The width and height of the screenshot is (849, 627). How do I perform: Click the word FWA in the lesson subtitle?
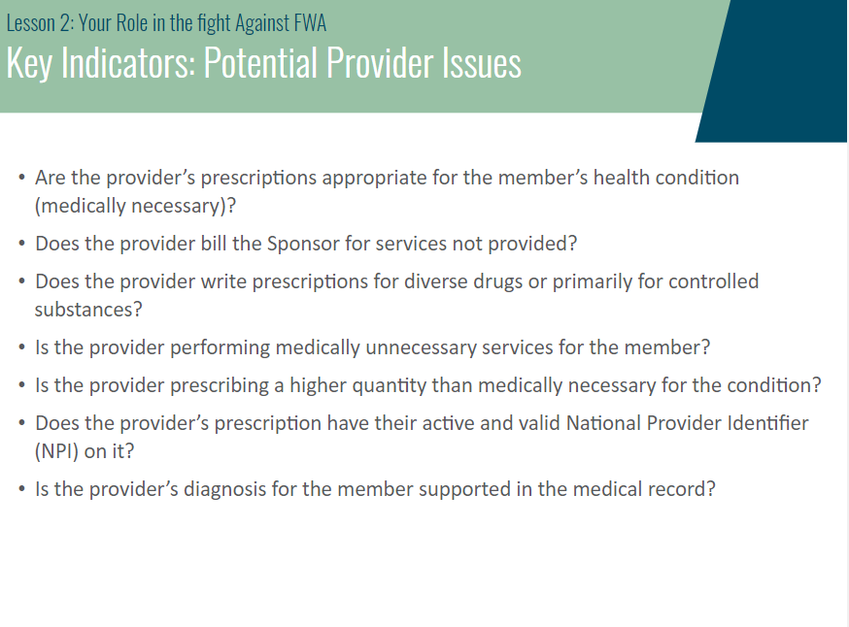(x=310, y=23)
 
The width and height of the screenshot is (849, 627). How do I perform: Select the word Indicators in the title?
(x=129, y=63)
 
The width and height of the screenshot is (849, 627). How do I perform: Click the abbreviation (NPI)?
(x=57, y=451)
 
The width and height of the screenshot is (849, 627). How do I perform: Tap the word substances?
(x=88, y=310)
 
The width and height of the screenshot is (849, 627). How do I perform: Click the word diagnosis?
(x=224, y=489)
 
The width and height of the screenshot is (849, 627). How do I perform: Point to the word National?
(x=603, y=423)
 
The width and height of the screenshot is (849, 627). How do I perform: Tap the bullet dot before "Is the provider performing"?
(x=21, y=347)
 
